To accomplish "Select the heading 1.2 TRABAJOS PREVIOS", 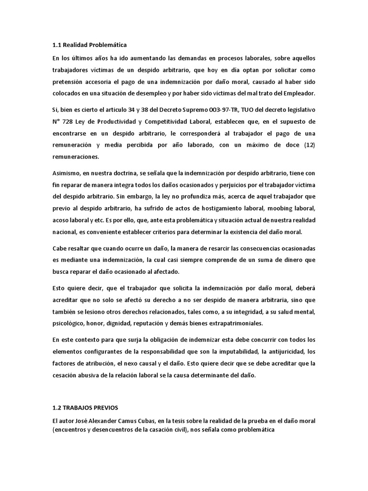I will tap(86, 408).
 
